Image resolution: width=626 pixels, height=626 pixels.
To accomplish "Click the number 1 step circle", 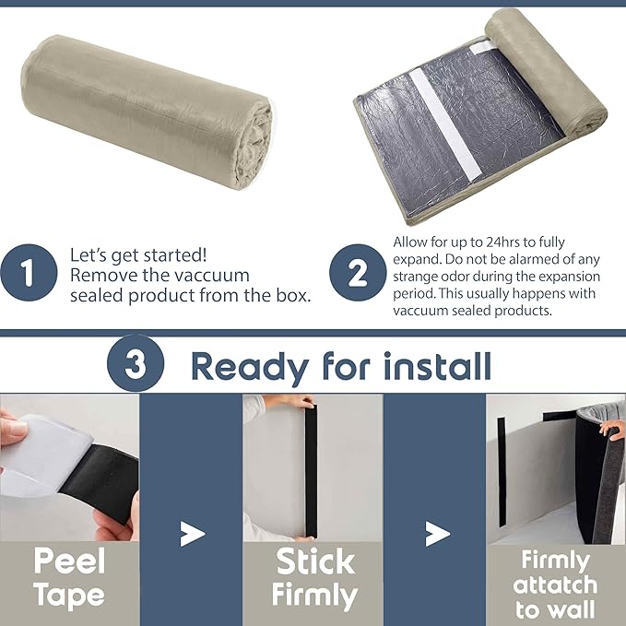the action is [x=29, y=273].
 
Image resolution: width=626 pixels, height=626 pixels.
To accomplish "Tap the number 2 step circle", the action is [x=358, y=273].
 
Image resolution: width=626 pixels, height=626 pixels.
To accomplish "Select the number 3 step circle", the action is [x=136, y=363].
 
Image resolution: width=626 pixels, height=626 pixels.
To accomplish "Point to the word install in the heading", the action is [x=437, y=366].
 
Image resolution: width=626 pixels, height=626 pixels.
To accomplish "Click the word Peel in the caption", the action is [x=69, y=561].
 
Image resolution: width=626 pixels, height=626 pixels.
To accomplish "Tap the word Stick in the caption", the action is [x=315, y=561].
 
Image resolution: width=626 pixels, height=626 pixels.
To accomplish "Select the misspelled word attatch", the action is [x=555, y=585].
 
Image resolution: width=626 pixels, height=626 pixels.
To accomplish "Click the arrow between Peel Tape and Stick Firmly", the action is [x=192, y=534].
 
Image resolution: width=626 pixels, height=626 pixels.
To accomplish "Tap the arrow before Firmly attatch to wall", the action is [x=438, y=534].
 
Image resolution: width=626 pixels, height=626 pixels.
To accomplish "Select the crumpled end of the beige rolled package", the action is [x=254, y=146].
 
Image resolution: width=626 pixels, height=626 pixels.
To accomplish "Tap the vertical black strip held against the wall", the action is [x=311, y=470].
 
